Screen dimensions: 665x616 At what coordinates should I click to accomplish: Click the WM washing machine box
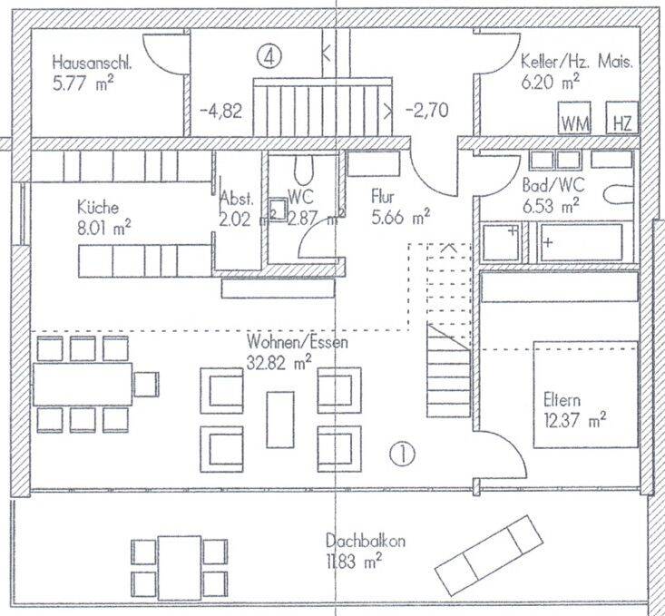[x=573, y=118]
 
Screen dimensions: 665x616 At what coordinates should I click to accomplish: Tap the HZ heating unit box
[x=622, y=118]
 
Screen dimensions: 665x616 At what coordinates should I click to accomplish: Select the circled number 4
[x=269, y=56]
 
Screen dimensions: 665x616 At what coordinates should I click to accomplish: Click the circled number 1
[x=402, y=454]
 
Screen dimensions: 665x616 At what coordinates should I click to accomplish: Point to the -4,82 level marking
[x=220, y=112]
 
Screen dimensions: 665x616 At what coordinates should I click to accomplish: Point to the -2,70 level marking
[x=426, y=111]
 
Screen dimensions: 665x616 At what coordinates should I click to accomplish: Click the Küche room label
[x=98, y=208]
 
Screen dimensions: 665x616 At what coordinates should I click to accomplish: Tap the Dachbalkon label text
[x=365, y=541]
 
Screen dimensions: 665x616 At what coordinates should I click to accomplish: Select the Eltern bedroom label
[x=562, y=400]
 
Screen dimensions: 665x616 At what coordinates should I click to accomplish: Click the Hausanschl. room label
[x=92, y=63]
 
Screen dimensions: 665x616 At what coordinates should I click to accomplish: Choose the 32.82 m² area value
[x=279, y=363]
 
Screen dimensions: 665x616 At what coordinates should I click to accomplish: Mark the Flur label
[x=383, y=197]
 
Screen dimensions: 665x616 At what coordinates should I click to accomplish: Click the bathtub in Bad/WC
[x=581, y=242]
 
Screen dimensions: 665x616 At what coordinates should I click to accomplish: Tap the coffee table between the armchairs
[x=280, y=419]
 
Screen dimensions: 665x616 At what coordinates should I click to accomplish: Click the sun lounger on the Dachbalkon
[x=489, y=556]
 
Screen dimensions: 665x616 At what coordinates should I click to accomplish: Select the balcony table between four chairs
[x=180, y=568]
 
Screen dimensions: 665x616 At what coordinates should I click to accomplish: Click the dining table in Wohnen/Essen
[x=83, y=384]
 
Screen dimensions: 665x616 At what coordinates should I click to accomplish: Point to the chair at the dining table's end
[x=146, y=385]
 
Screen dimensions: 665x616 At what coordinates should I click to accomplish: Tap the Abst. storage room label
[x=237, y=199]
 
